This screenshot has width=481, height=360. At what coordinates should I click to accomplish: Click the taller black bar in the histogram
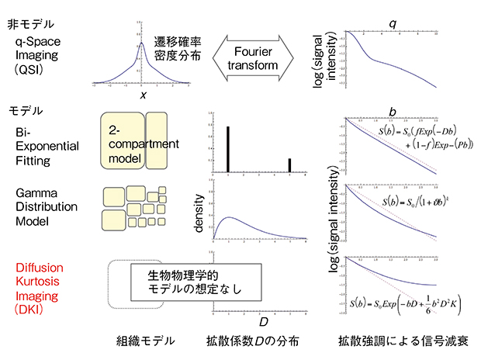coord(228,148)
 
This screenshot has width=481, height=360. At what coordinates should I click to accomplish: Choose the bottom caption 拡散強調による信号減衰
coord(397,341)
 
